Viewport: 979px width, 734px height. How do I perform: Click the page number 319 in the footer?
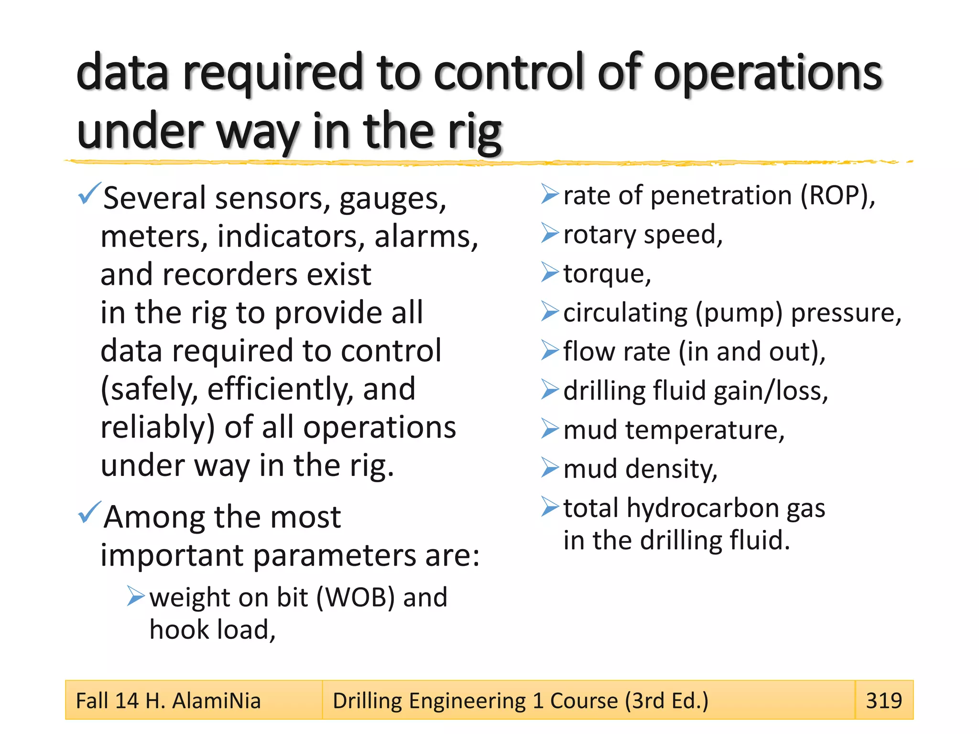tap(884, 701)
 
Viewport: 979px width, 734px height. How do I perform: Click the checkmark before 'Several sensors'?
tap(89, 193)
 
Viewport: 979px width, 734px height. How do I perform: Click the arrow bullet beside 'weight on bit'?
tap(136, 596)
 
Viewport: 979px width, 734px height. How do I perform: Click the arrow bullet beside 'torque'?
tap(550, 272)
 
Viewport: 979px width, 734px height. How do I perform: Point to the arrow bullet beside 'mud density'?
tap(550, 467)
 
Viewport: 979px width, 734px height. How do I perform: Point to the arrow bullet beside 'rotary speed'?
tap(550, 233)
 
